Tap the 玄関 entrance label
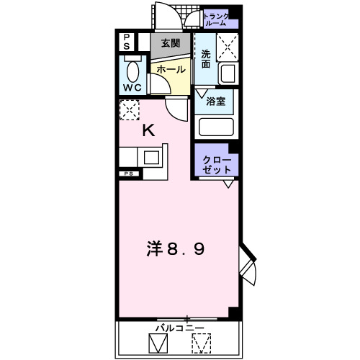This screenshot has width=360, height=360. pyautogui.click(x=171, y=44)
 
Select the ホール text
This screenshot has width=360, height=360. pyautogui.click(x=171, y=70)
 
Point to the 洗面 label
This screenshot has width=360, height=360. pyautogui.click(x=207, y=59)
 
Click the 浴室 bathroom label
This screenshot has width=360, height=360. pyautogui.click(x=217, y=101)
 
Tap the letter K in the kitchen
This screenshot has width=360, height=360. pyautogui.click(x=148, y=131)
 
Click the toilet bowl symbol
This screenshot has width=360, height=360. pyautogui.click(x=132, y=71)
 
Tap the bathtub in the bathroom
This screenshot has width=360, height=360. pyautogui.click(x=216, y=127)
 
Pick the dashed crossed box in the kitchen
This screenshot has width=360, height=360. pyautogui.click(x=130, y=111)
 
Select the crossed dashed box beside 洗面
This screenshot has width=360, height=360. pyautogui.click(x=228, y=48)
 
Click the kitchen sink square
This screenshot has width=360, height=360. pyautogui.click(x=152, y=156)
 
